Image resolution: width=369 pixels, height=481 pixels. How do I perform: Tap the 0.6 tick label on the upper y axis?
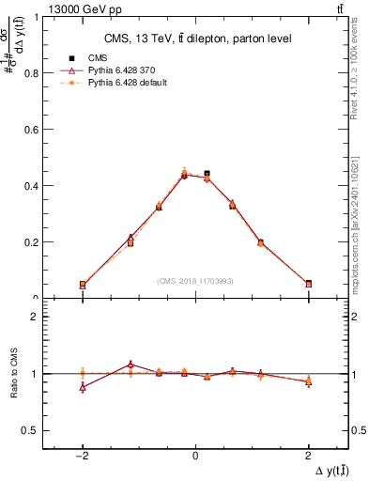(30, 130)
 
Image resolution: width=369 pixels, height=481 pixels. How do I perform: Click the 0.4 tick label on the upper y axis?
(30, 186)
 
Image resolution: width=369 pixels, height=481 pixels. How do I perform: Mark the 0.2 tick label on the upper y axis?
(30, 242)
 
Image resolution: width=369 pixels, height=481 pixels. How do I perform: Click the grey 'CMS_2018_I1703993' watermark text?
(195, 280)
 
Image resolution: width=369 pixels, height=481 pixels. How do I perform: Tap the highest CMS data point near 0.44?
(207, 174)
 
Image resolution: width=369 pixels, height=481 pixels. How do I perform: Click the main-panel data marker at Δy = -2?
(83, 284)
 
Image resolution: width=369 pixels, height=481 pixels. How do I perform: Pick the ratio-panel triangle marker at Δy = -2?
(83, 387)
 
